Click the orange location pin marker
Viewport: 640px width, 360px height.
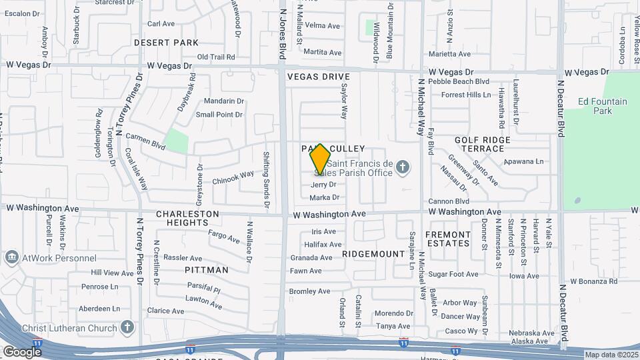click(x=320, y=159)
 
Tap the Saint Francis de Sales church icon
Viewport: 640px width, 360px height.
click(x=402, y=166)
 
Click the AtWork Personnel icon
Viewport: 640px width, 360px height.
click(x=11, y=258)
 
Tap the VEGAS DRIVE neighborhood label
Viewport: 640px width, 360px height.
click(x=319, y=77)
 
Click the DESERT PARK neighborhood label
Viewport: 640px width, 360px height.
click(x=166, y=43)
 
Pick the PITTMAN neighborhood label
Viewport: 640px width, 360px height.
click(x=207, y=270)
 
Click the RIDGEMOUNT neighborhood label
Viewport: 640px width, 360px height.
click(x=373, y=254)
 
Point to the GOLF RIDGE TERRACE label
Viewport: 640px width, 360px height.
click(x=483, y=144)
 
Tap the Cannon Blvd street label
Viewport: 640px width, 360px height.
click(x=449, y=201)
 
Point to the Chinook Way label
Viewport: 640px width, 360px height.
click(x=233, y=177)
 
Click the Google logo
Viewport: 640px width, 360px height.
click(x=22, y=351)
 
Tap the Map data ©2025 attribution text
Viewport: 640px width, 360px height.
click(x=611, y=355)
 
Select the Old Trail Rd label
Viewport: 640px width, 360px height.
click(x=217, y=57)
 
